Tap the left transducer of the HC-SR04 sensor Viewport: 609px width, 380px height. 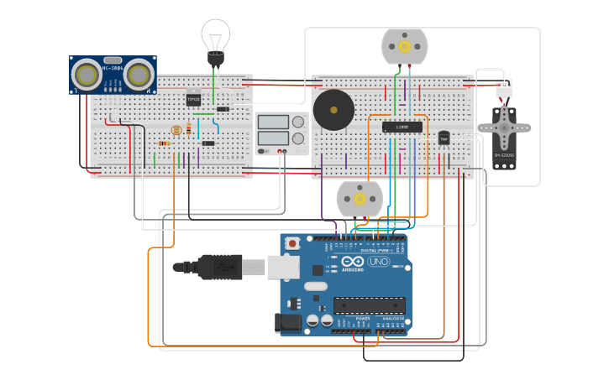pos(86,75)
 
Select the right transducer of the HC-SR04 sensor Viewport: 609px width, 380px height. pos(139,75)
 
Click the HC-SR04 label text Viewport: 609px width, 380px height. pos(112,68)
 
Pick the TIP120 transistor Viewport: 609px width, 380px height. pos(193,98)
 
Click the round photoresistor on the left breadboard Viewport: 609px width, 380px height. pos(176,131)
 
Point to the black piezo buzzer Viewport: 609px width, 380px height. pos(333,109)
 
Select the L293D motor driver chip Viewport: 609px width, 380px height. pos(402,128)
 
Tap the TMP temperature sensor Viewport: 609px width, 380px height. pos(444,138)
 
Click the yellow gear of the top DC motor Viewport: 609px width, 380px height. pos(405,47)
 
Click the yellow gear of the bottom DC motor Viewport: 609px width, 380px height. pos(360,200)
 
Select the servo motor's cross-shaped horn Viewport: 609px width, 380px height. pos(504,128)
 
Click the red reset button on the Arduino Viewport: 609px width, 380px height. pos(292,243)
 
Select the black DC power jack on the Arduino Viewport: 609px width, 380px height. pos(289,321)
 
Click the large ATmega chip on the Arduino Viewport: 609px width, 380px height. pos(369,305)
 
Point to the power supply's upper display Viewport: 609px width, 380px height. pos(272,122)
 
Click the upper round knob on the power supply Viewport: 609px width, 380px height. pos(298,122)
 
